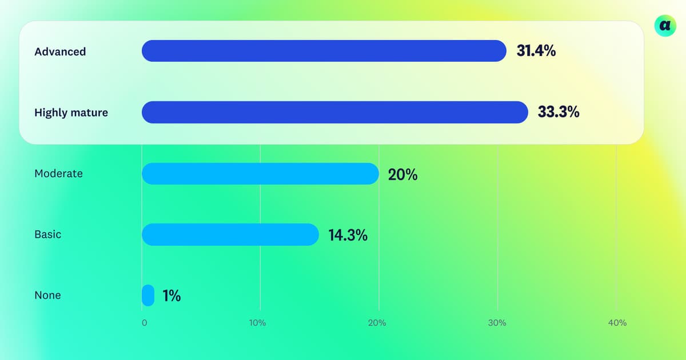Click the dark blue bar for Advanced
coord(324,51)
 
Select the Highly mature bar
coord(334,112)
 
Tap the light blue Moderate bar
coord(260,174)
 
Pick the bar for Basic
coord(230,234)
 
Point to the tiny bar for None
coord(148,295)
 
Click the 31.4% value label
coord(536,51)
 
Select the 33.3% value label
coord(559,112)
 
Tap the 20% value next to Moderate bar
coord(402,174)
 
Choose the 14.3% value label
coord(348,235)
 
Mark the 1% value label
coord(171,295)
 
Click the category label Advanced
coord(60,51)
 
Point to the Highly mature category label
coord(71,113)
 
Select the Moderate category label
coord(58,174)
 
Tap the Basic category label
coord(47,234)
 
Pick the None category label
coord(47,295)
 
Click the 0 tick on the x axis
coord(144,323)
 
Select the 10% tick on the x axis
coord(257,323)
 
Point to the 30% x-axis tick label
coord(497,323)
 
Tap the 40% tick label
coord(617,323)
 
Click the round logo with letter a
coord(665,25)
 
